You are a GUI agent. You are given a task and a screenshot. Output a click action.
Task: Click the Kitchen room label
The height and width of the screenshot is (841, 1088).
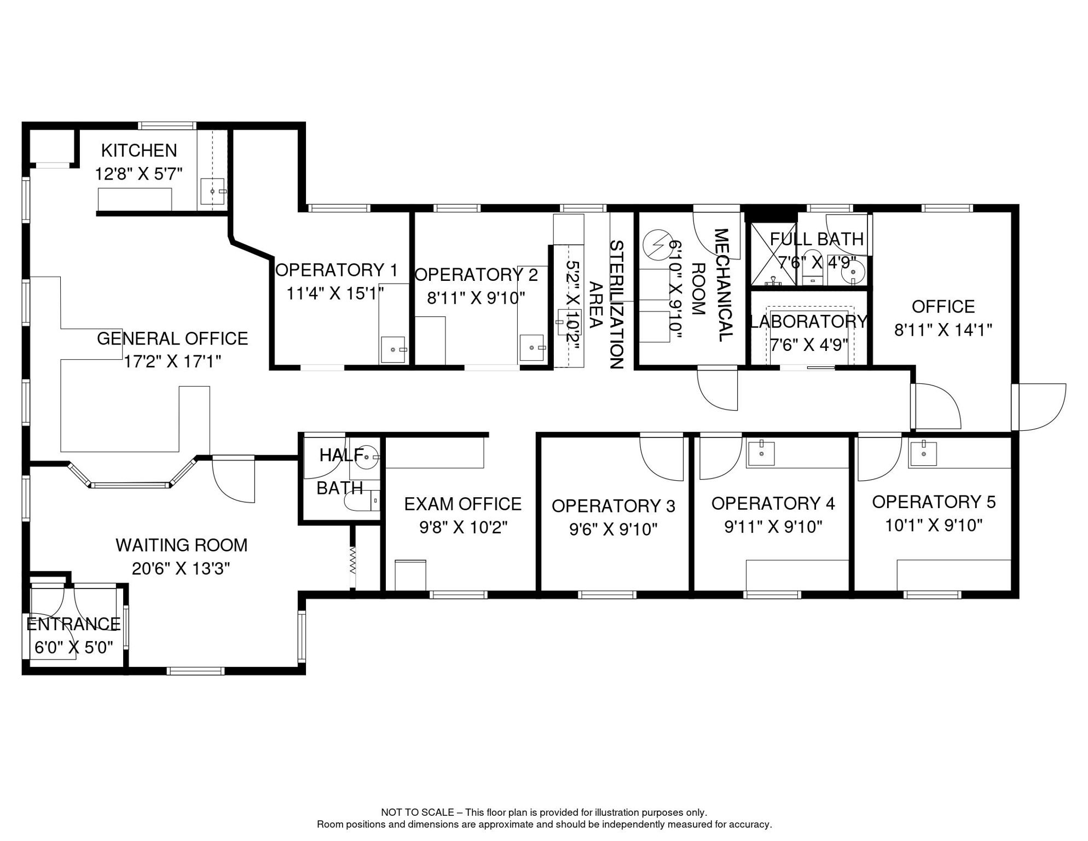(139, 150)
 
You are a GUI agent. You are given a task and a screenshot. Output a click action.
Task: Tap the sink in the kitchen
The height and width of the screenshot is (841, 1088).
(213, 192)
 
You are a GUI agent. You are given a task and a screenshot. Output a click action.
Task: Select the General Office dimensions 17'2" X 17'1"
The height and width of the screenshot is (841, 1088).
(172, 361)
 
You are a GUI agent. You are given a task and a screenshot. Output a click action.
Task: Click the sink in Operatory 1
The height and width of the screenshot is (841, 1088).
(393, 349)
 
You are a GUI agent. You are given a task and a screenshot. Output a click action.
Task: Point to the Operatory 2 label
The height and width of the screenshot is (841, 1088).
(476, 274)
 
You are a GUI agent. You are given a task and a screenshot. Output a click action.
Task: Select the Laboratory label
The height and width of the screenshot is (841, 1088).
(809, 321)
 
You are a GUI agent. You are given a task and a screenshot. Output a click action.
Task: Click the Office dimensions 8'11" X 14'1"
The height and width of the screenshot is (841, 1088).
(943, 330)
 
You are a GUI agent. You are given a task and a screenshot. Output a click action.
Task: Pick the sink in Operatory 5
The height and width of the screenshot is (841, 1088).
(923, 453)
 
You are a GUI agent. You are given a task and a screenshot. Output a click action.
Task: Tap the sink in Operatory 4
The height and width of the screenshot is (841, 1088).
(761, 453)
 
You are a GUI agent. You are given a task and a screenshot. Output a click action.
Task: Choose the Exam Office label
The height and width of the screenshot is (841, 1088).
(463, 504)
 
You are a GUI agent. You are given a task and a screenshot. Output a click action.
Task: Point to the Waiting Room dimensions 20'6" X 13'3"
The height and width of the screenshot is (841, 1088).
(181, 569)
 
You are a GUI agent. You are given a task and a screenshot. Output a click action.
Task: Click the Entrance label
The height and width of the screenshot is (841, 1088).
(73, 624)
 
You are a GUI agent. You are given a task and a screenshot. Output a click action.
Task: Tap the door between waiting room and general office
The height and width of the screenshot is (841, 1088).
(233, 479)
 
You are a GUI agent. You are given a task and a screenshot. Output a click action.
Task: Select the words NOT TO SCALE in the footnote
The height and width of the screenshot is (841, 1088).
(418, 813)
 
